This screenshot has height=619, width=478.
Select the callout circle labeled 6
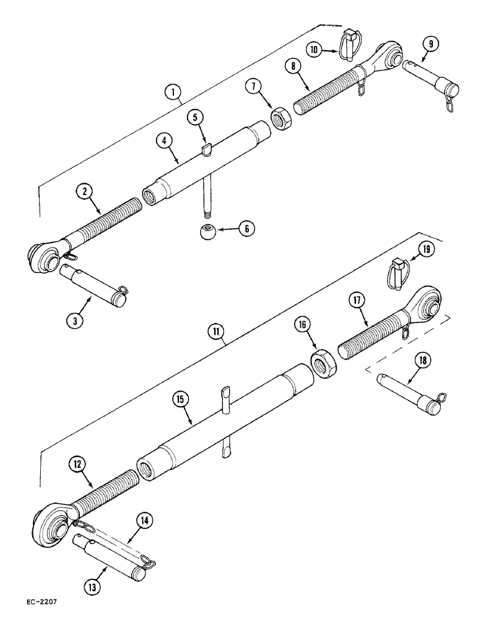[x=246, y=228]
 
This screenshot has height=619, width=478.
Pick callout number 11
[x=216, y=333]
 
